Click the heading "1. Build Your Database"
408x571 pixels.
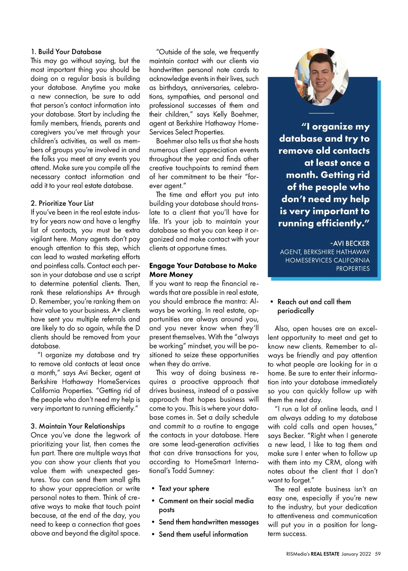[66, 52]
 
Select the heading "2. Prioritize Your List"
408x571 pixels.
[62, 203]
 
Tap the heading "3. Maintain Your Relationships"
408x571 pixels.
[78, 426]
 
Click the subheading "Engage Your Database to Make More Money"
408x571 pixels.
[203, 270]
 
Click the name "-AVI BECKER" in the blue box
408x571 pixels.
[350, 243]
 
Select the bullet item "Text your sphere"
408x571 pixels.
[184, 488]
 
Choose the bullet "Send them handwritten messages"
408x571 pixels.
[208, 522]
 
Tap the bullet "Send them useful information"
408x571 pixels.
[203, 534]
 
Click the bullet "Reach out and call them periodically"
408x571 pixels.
[314, 306]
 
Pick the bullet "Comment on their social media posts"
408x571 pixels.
[206, 505]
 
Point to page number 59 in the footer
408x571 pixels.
[378, 554]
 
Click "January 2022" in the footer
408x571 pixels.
[356, 554]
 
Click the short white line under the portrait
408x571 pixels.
[321, 113]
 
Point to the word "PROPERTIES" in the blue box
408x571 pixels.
[353, 269]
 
